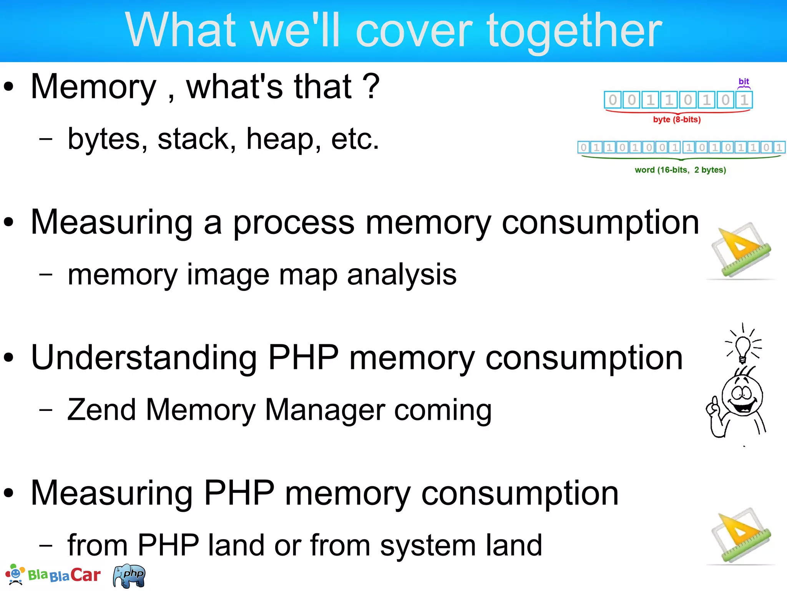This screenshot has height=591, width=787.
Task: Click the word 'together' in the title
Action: pos(574,31)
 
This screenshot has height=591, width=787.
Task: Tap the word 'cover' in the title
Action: pos(414,31)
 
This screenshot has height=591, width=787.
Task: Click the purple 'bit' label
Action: pos(744,82)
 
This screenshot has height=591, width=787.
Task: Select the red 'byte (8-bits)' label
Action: pos(677,120)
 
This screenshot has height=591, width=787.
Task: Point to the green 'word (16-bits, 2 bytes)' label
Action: pos(680,170)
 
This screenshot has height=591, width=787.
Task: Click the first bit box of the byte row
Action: pos(613,100)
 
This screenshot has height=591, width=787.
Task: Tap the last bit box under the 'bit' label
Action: pos(744,100)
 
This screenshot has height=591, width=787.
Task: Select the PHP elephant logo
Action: pos(130,576)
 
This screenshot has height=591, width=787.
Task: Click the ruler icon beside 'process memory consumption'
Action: pos(741,250)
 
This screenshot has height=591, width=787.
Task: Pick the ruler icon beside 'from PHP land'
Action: pos(741,536)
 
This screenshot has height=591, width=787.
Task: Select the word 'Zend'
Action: pos(101,410)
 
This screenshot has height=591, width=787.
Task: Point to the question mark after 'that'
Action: pos(371,87)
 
